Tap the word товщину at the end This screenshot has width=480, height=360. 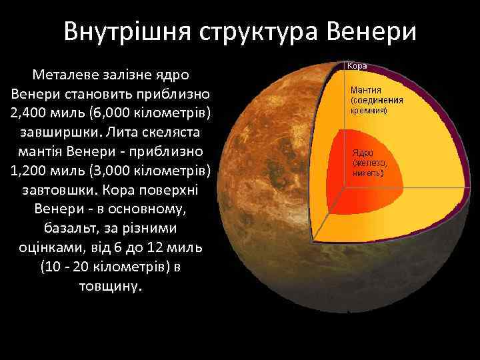point(111,287)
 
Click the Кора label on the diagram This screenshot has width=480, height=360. point(356,67)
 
